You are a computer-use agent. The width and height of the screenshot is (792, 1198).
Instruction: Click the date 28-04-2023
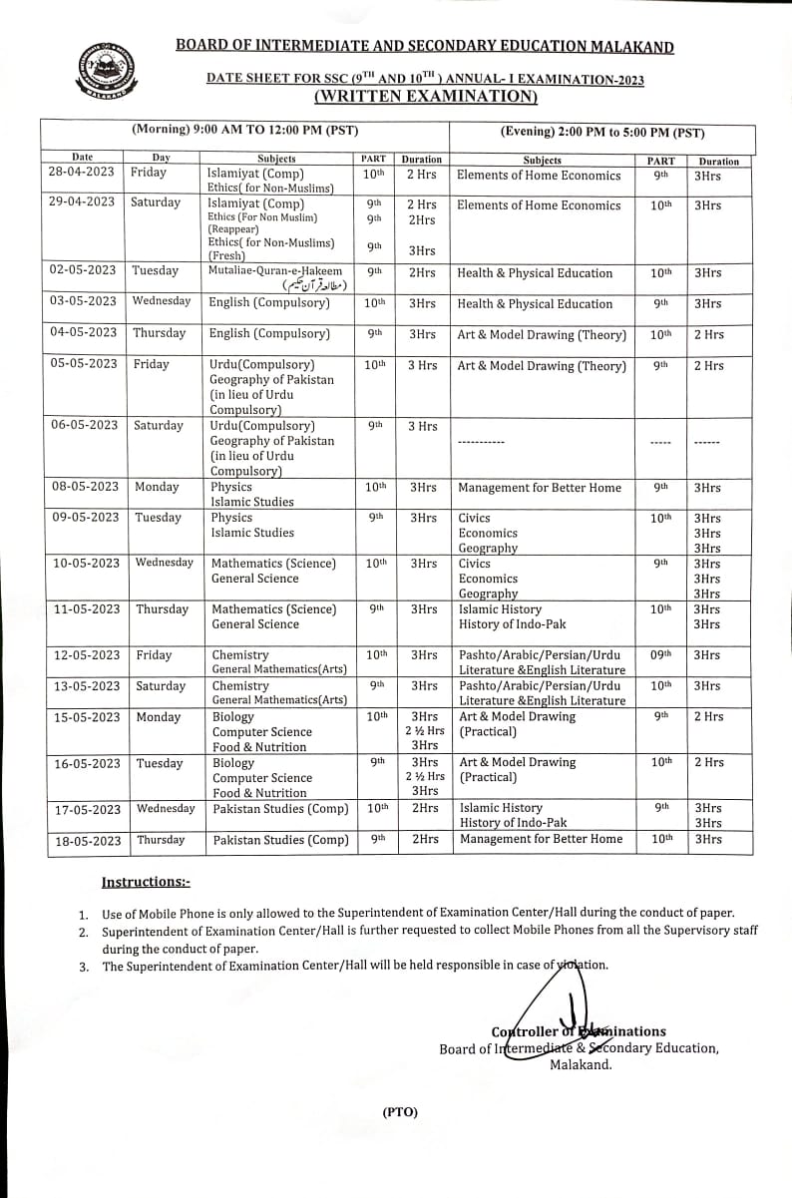coord(82,173)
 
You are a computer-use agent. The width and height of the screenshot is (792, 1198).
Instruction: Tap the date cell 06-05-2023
coord(83,426)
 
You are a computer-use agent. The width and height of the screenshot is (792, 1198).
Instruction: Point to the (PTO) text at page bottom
coord(400,1112)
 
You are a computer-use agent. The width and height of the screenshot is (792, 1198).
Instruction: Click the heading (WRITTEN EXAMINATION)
coord(425,96)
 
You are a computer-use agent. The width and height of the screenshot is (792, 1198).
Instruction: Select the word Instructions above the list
coord(145,882)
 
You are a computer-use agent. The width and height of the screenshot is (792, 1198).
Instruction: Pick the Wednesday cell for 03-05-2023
coord(161,301)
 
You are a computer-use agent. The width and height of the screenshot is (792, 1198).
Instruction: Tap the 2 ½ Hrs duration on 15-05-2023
coord(425,731)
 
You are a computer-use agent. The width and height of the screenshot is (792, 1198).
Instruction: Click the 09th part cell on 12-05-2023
coord(660,655)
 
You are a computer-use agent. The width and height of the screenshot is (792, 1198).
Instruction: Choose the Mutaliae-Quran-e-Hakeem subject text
coord(275,271)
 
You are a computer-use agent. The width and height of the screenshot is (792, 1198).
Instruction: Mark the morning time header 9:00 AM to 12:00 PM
coord(245,131)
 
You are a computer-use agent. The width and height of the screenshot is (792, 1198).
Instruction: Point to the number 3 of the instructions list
coord(84,966)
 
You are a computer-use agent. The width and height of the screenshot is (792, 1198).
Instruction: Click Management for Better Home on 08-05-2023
coord(539,488)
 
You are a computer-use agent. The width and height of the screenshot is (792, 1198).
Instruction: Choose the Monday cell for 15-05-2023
coord(159,717)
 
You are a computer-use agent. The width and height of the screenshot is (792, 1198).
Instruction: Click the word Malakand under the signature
coord(581,1064)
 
